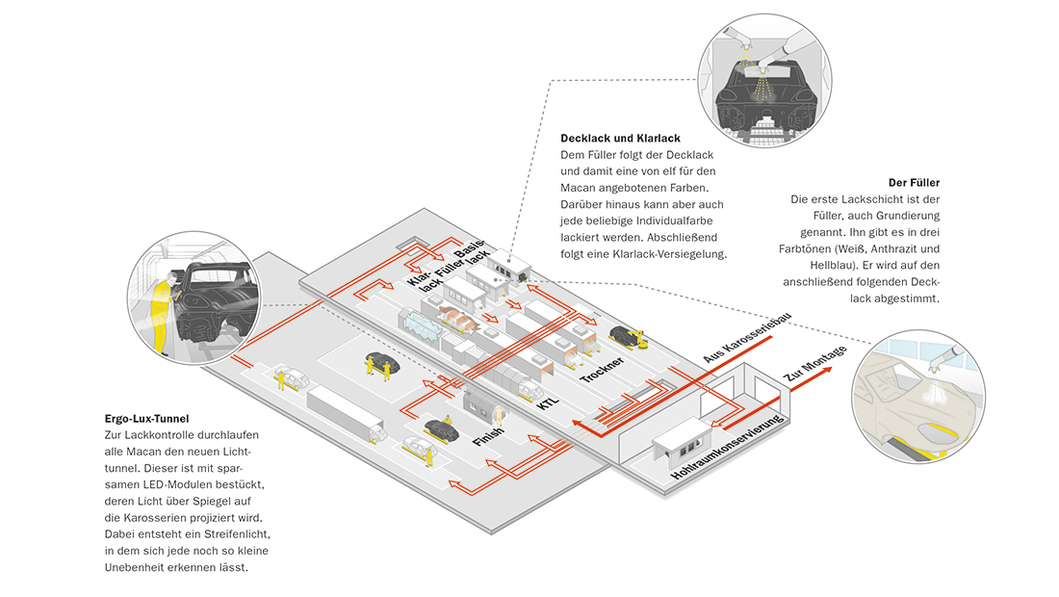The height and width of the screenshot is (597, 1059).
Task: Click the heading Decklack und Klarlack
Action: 620,139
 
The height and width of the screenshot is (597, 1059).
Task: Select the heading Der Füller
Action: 915,182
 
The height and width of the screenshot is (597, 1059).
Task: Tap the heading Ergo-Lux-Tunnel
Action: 146,419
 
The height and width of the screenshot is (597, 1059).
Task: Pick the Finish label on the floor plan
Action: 488,442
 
